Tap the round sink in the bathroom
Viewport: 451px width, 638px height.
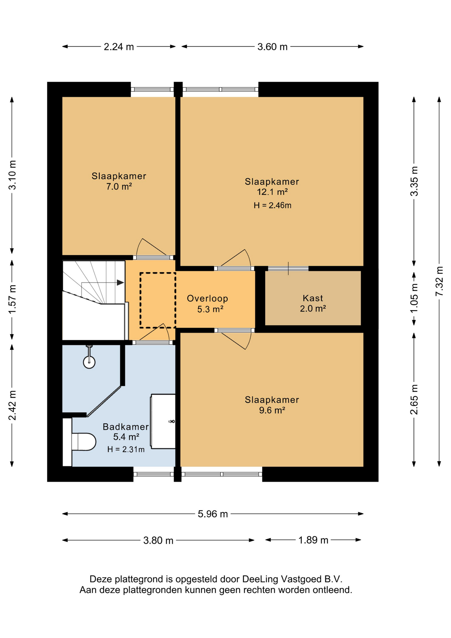(89, 362)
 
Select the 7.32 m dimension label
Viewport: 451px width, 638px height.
(439, 281)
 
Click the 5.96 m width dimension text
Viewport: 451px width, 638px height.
(213, 514)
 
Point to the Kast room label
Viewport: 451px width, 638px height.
(313, 298)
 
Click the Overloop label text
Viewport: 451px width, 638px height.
(207, 298)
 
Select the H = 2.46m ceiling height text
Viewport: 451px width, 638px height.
(272, 205)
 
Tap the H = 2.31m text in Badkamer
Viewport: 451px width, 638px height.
(126, 450)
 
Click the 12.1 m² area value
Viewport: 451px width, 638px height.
(272, 192)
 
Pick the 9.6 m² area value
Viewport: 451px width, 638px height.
(272, 410)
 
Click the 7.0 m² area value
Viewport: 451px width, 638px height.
(119, 186)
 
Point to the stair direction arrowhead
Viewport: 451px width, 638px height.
(120, 282)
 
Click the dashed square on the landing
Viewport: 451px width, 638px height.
(158, 300)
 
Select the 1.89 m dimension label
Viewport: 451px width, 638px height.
(313, 540)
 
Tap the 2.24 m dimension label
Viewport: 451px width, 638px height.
(119, 47)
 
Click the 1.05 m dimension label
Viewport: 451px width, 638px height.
(414, 298)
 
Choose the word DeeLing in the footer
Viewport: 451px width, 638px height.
(260, 579)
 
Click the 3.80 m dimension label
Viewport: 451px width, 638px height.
(158, 541)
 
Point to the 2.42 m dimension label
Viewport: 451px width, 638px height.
(12, 405)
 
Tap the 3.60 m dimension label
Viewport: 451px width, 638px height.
(272, 47)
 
